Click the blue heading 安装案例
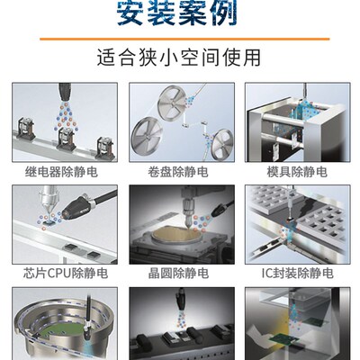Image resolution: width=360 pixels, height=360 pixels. coord(179,13)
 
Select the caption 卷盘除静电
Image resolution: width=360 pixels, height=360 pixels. coord(178,171)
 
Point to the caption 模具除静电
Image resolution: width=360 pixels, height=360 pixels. coord(297,171)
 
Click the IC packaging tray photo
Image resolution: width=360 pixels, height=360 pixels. coord(297,224)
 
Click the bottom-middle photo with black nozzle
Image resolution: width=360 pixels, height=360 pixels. coord(179,324)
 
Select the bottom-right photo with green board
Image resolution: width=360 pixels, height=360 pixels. coord(297,324)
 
